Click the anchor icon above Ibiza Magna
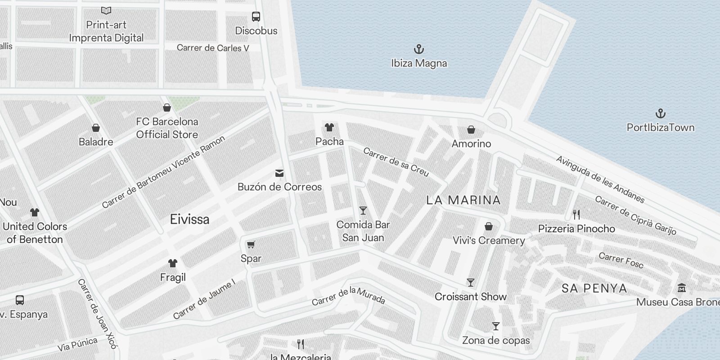point(419,49)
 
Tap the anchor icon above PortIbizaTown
point(660,113)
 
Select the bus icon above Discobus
point(256,17)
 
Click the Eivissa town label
point(189,220)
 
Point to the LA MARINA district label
point(463,200)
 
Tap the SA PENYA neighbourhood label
point(594,288)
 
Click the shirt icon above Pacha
point(329,127)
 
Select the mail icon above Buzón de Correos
point(279,173)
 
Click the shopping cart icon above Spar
point(251,244)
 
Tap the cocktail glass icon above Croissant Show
point(471,283)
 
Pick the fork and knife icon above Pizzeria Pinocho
point(576,214)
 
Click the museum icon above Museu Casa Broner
point(681,288)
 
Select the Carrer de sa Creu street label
point(396,162)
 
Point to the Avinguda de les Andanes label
point(600,179)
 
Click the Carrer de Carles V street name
point(213,48)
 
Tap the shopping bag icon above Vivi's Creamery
point(489,226)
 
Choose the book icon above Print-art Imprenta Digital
point(106,10)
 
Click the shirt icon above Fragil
point(173,263)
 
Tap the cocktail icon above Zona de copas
point(496,326)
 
